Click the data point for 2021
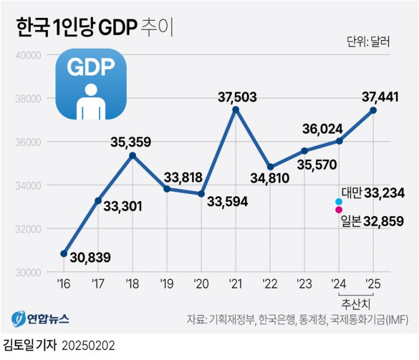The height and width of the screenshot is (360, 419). pos(236,110)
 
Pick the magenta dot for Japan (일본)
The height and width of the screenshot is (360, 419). pos(339,210)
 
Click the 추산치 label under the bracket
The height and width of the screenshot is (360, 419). pos(356,303)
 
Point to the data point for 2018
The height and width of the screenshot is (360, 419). pos(132,155)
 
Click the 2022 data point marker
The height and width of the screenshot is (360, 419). pos(270,167)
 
